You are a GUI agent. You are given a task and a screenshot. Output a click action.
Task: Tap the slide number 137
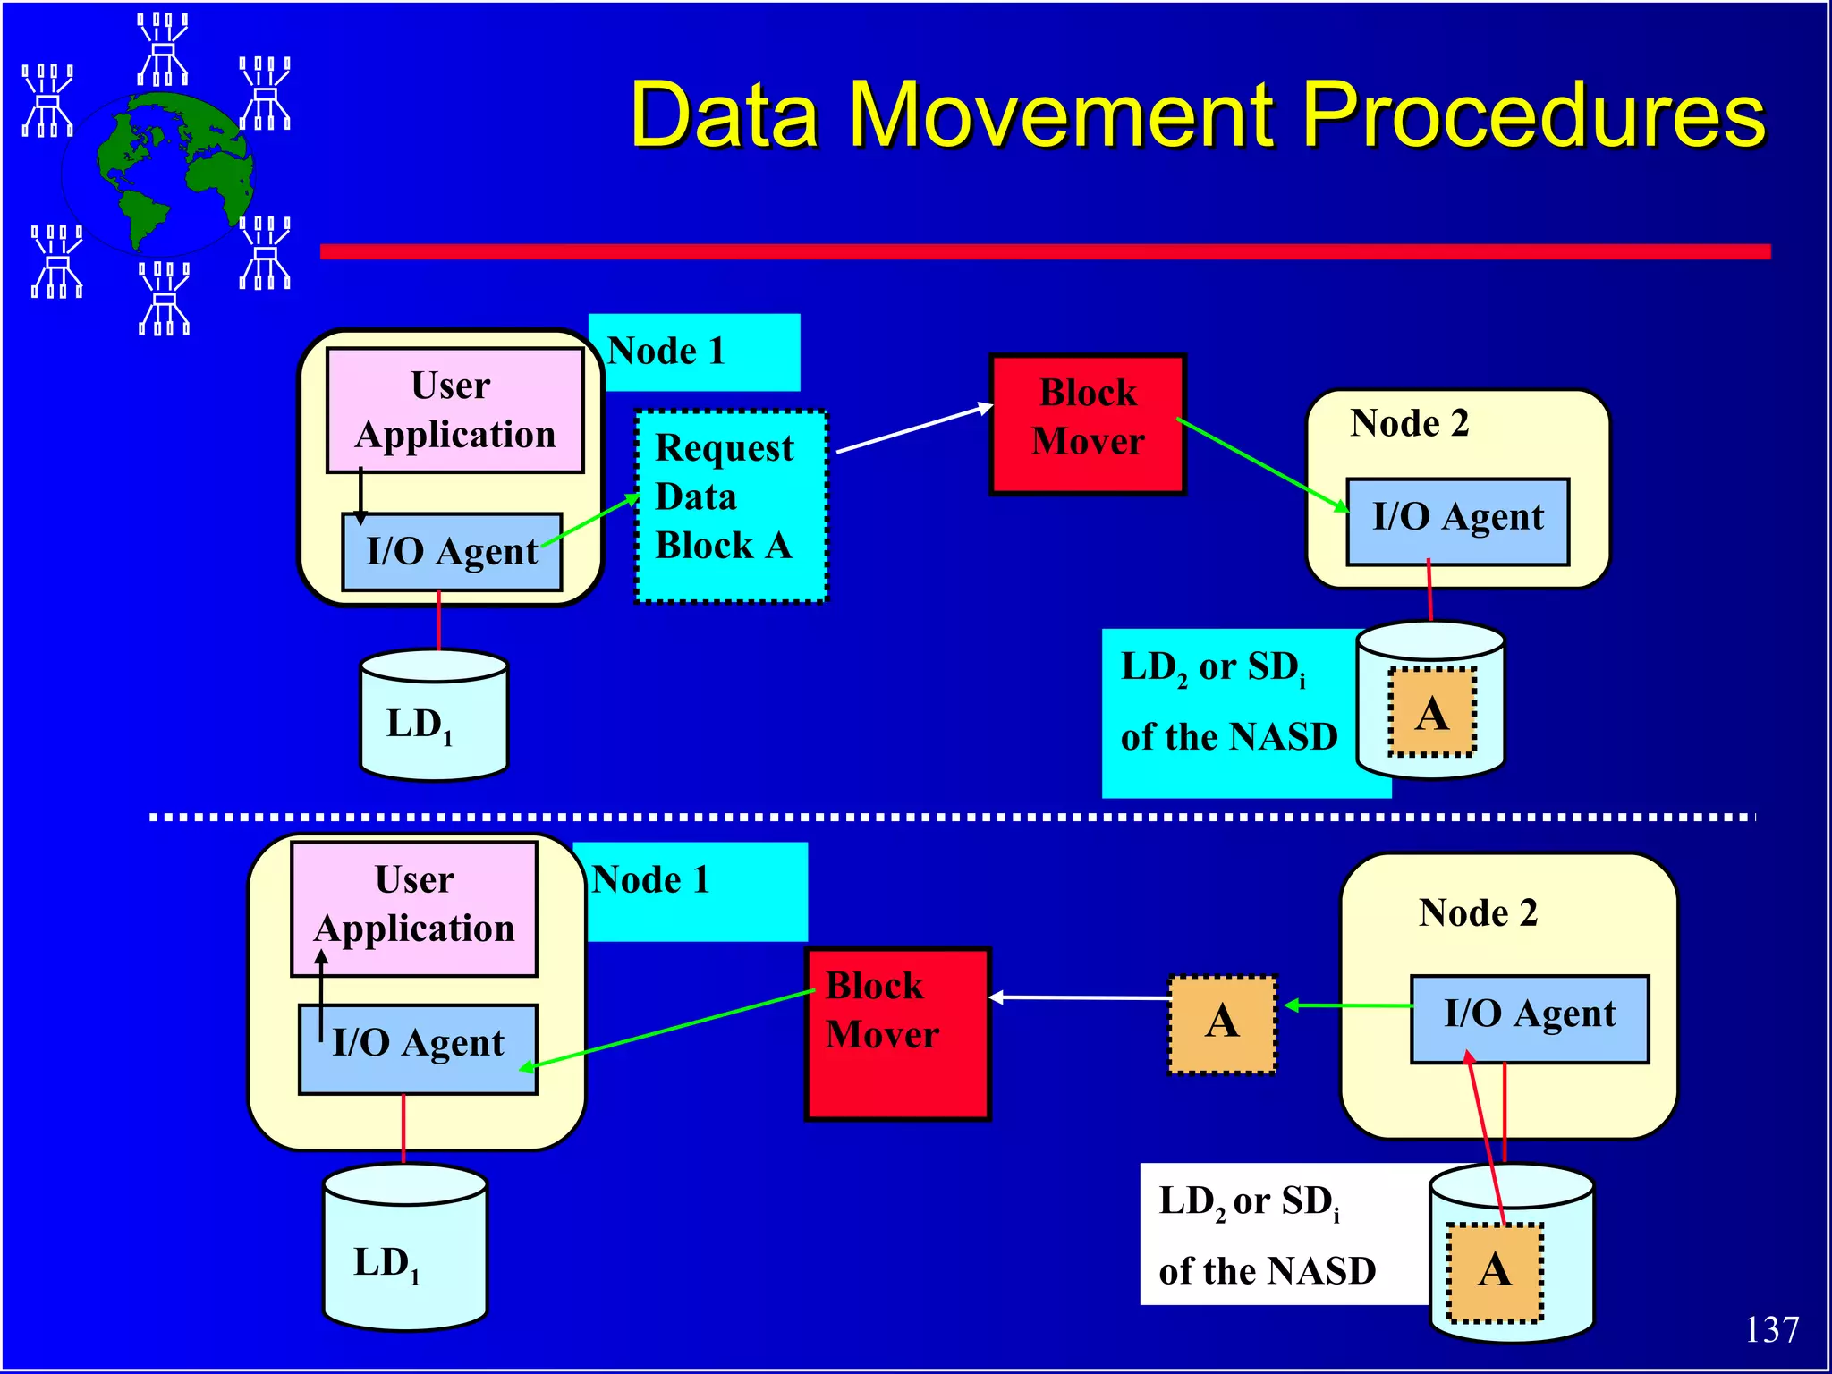[1770, 1329]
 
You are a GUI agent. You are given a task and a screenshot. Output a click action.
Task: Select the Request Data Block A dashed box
[730, 505]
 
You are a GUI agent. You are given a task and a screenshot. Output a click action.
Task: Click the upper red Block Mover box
[1087, 423]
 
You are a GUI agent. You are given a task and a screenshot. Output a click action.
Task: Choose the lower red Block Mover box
[897, 1033]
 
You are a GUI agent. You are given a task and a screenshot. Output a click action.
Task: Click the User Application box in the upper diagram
[454, 410]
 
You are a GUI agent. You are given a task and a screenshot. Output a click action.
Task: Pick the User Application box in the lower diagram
[414, 907]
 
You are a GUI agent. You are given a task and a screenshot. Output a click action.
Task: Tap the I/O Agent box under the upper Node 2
[1457, 522]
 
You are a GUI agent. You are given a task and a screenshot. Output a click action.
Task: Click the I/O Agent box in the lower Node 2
[1529, 1018]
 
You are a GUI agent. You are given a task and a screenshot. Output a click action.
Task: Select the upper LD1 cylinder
[434, 716]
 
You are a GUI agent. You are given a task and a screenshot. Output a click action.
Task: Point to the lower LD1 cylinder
[404, 1248]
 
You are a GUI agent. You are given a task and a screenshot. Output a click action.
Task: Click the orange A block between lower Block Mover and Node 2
[1222, 1023]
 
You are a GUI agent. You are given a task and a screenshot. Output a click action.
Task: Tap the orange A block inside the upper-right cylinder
[1431, 713]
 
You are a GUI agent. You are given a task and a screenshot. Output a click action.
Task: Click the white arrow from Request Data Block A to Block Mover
[912, 429]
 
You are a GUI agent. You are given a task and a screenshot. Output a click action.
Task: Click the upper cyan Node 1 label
[693, 352]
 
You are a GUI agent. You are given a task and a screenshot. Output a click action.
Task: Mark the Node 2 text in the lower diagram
[1478, 913]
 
